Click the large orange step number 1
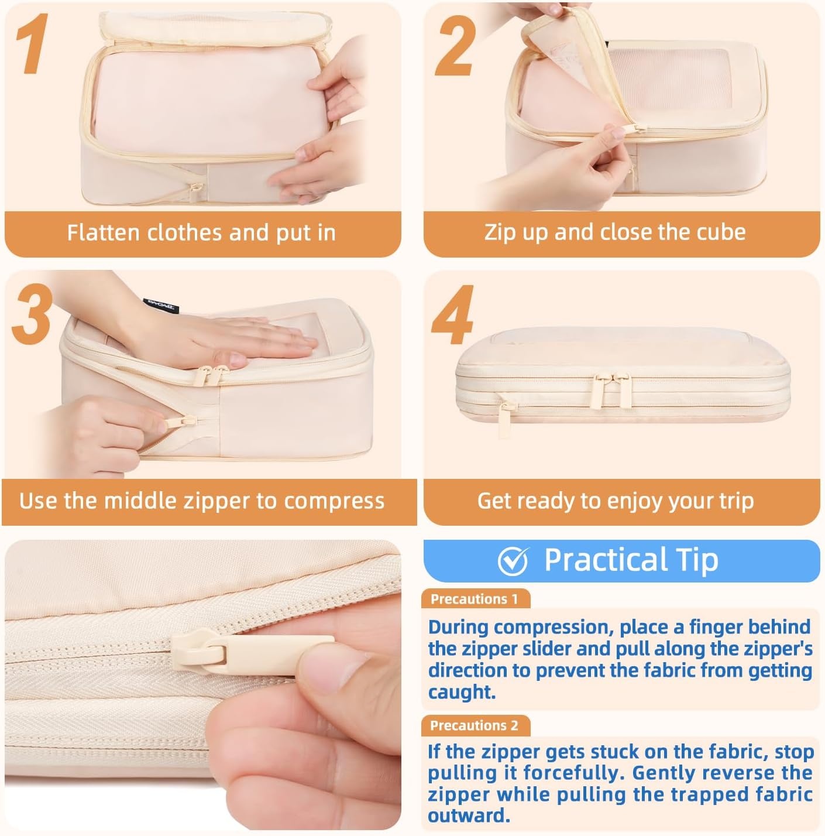pyautogui.click(x=33, y=43)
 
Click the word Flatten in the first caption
pyautogui.click(x=103, y=232)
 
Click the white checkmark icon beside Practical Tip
pyautogui.click(x=513, y=560)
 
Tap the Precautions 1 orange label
pyautogui.click(x=475, y=599)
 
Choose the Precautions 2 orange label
pyautogui.click(x=475, y=725)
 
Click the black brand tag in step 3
pyautogui.click(x=161, y=306)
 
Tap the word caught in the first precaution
pyautogui.click(x=462, y=692)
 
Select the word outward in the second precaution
pyautogui.click(x=469, y=816)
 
